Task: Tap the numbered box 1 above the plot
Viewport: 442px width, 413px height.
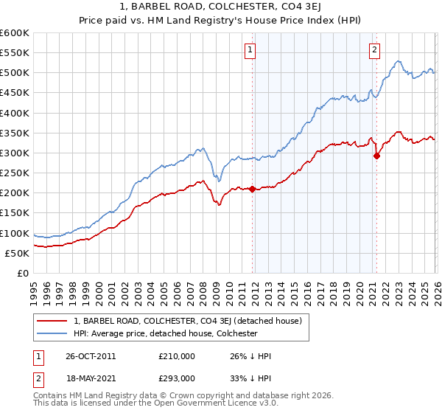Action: tap(250, 50)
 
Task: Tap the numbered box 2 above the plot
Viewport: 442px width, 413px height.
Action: tap(374, 50)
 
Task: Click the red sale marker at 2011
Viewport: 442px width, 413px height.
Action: tap(252, 189)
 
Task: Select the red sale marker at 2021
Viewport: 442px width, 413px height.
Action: tap(376, 156)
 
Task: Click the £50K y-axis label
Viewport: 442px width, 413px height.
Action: tap(17, 253)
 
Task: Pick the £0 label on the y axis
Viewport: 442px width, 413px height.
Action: tap(22, 273)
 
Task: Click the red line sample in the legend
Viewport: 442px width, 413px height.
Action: tap(53, 321)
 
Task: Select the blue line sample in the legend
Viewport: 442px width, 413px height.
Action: tap(53, 333)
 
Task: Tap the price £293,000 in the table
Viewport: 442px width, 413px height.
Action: tap(177, 378)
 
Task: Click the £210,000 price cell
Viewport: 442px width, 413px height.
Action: tap(177, 356)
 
